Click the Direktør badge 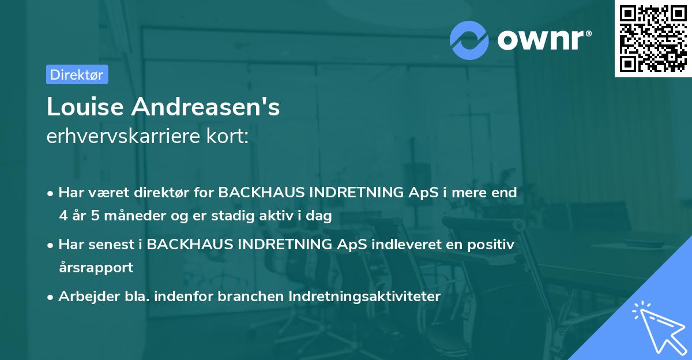[77, 74]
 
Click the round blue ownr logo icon [469, 40]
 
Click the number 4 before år [63, 216]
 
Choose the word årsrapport [96, 267]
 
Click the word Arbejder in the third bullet [82, 297]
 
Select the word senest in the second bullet [111, 245]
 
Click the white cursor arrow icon [657, 325]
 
